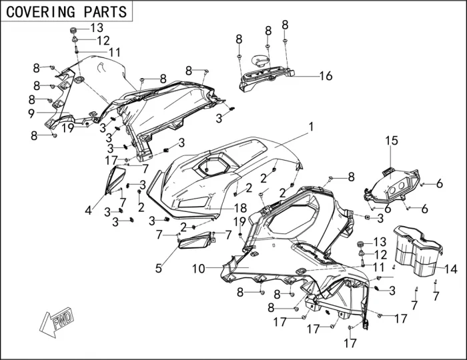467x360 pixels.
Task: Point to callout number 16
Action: point(325,76)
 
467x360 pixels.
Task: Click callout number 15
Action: point(391,141)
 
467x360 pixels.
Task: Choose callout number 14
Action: point(451,269)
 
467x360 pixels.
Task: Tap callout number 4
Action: point(88,211)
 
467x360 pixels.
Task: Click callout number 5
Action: point(159,268)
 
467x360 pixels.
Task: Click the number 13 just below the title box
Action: point(97,28)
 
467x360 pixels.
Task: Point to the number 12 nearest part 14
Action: point(380,255)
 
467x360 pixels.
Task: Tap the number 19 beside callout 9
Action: point(68,127)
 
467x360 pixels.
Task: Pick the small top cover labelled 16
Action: point(267,72)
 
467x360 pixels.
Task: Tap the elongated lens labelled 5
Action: point(195,239)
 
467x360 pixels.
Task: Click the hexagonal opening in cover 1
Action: point(215,163)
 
